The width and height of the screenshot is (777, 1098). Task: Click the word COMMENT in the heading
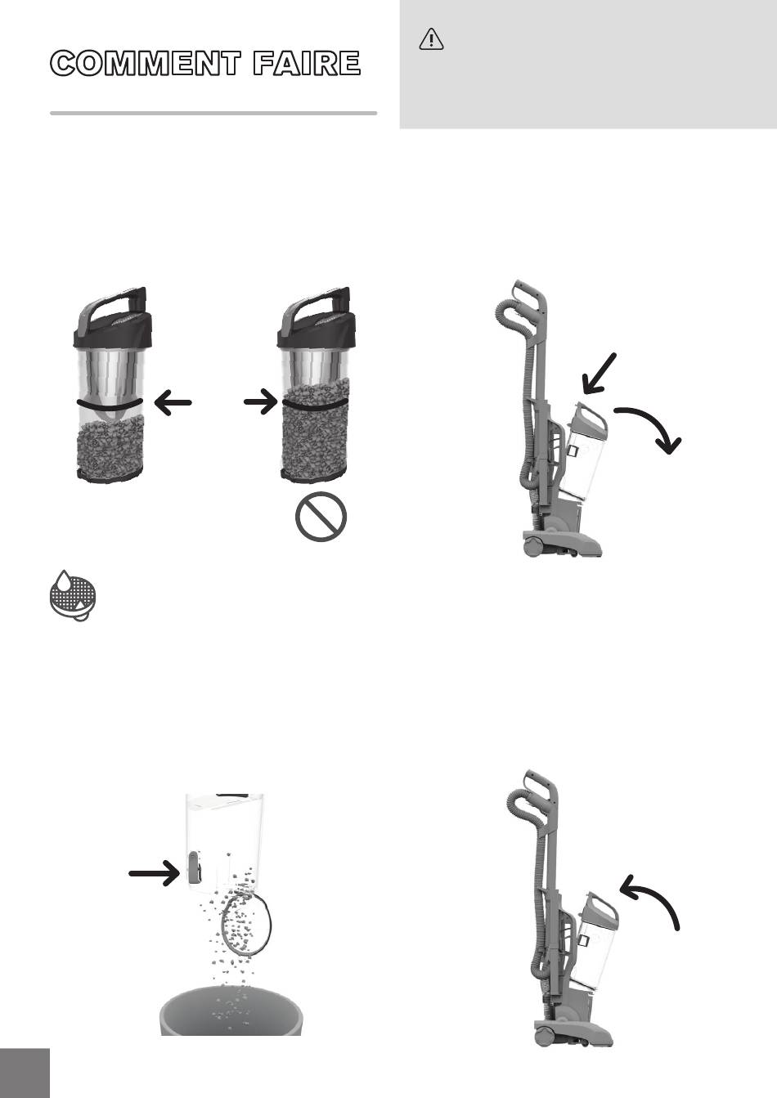click(x=146, y=63)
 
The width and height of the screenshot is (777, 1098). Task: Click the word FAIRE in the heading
click(x=307, y=63)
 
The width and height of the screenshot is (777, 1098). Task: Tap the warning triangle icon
click(x=431, y=40)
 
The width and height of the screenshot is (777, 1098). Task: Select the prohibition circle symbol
click(x=321, y=516)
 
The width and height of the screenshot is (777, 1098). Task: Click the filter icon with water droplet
click(x=73, y=595)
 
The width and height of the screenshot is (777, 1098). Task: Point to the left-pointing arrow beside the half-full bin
click(x=173, y=403)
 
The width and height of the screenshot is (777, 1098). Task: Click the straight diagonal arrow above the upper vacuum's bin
click(x=599, y=374)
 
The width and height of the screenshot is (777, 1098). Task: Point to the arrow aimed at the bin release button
click(x=155, y=872)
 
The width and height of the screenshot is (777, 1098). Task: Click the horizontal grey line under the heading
click(x=213, y=113)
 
